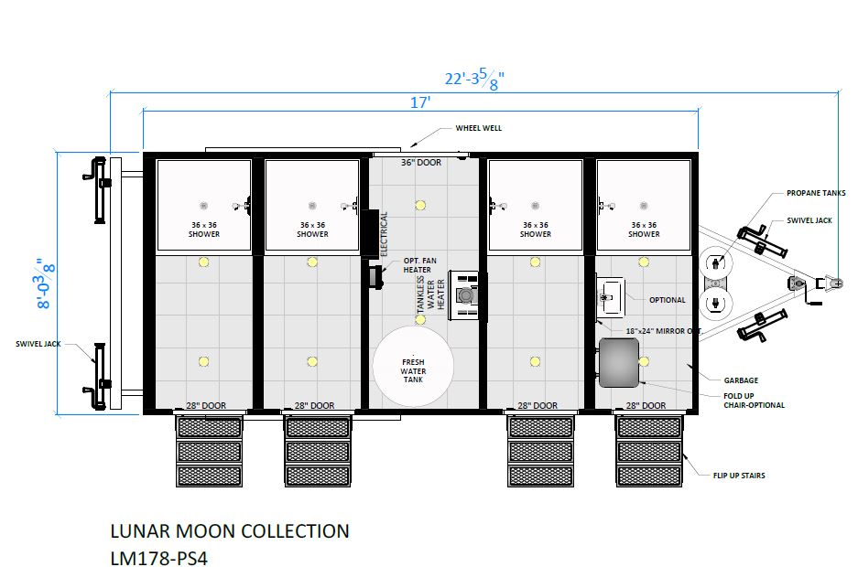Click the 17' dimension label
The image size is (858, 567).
point(420,102)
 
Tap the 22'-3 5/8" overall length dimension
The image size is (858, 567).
point(474,79)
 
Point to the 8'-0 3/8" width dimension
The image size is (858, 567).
point(46,283)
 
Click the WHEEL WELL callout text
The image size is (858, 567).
point(478,128)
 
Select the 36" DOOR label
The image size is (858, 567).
point(421,162)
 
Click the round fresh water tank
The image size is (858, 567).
point(413,366)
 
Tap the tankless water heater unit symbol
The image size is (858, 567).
point(464,295)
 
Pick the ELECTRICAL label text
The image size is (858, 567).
point(384,234)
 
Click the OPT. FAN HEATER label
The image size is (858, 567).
point(419,265)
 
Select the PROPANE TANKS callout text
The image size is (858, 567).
point(816,193)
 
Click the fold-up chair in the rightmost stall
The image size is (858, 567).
point(619,363)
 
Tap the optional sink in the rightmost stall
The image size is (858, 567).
point(610,297)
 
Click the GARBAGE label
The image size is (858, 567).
point(741,380)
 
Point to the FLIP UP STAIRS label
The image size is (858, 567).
point(739,476)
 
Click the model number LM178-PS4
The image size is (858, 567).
point(158,558)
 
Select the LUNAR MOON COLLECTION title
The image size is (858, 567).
point(229,531)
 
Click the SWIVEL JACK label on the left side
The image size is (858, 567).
point(38,344)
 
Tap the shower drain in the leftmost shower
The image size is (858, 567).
point(203,206)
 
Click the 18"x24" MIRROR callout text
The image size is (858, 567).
point(663,331)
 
